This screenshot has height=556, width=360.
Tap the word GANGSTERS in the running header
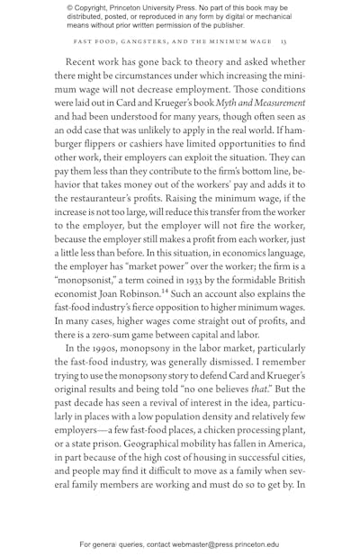pyautogui.click(x=149, y=41)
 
